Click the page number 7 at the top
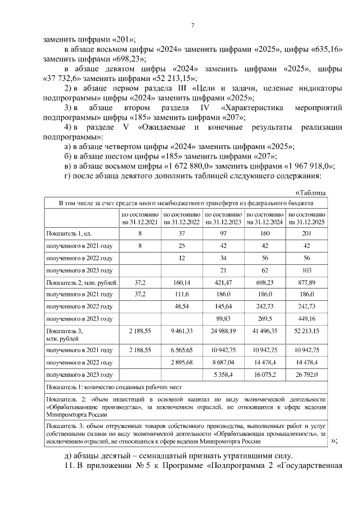193,25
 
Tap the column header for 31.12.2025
307,218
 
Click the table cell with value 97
223,233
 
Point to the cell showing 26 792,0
307,374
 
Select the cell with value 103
307,270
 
